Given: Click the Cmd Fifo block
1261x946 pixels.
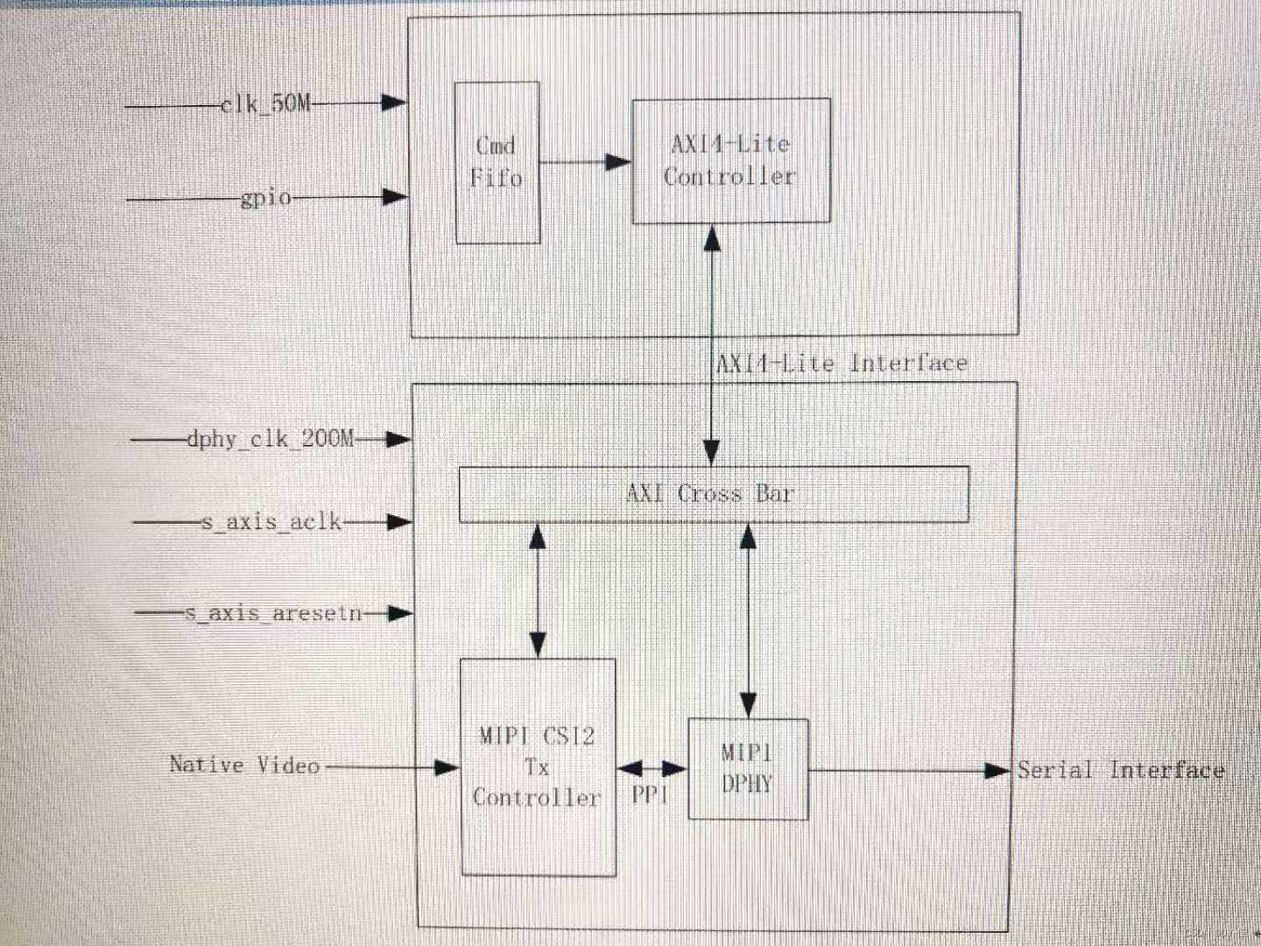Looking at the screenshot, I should click(497, 163).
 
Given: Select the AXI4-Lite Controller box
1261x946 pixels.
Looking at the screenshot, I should click(730, 160).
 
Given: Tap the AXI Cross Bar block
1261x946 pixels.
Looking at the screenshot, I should click(713, 494).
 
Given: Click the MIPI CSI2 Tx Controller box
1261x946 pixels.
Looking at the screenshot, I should click(538, 767).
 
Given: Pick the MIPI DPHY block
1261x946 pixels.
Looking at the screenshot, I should click(748, 769).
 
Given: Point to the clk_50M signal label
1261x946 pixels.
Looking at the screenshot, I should click(265, 103).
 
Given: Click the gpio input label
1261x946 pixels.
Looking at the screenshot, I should click(266, 198).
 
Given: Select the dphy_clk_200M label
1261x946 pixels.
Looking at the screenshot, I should click(271, 438).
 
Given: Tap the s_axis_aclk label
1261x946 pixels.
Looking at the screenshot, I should click(271, 522).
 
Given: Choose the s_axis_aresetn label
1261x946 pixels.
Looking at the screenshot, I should click(273, 613).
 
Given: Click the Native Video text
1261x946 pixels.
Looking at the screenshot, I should click(244, 766).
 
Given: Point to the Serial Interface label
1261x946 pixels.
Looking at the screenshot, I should click(1120, 771).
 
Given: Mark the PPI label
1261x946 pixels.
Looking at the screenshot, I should click(650, 794).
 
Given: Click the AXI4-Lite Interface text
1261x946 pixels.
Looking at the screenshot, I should click(842, 363).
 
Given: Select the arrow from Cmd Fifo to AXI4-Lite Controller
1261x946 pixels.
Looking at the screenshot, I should click(585, 162).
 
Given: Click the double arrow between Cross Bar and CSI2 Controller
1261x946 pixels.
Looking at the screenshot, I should click(538, 591).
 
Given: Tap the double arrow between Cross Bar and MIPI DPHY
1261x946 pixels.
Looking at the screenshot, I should click(748, 620).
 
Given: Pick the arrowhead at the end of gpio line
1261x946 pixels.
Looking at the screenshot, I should click(396, 198).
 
